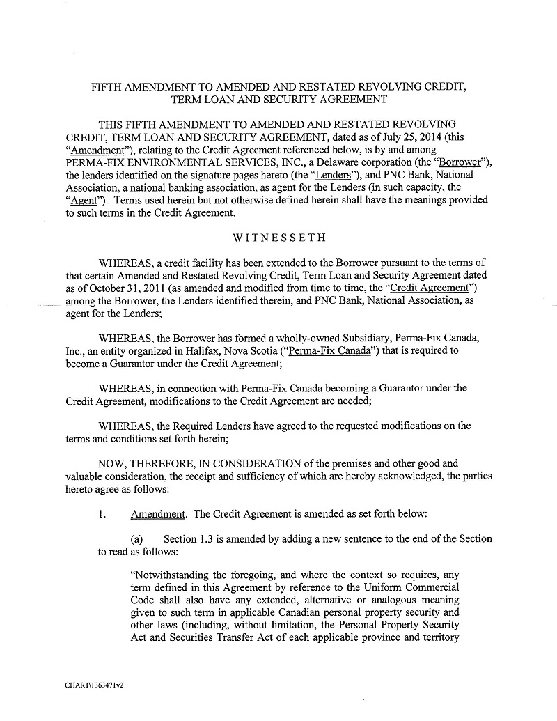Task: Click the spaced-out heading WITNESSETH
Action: [278, 238]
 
